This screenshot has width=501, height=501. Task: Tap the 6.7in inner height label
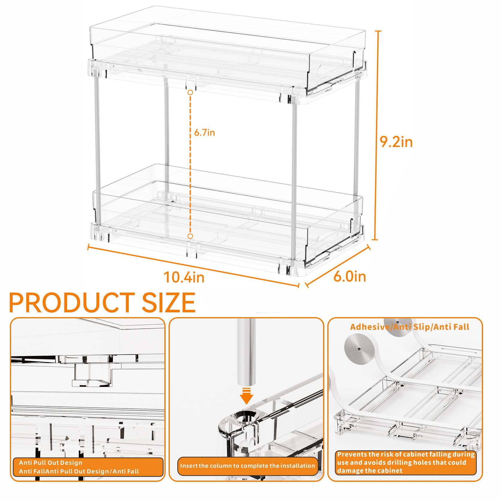(204, 132)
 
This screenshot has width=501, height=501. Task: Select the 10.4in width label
(184, 277)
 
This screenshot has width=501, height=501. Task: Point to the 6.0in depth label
(349, 276)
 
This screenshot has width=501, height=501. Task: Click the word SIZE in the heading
(169, 303)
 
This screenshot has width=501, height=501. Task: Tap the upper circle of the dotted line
(190, 93)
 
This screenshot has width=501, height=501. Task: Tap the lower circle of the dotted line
(190, 236)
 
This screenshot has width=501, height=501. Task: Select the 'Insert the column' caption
(247, 466)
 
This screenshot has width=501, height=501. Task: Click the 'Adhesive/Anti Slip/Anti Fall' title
(409, 327)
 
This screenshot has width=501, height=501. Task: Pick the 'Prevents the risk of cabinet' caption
(405, 462)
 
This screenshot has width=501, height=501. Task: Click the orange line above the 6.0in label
(338, 265)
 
